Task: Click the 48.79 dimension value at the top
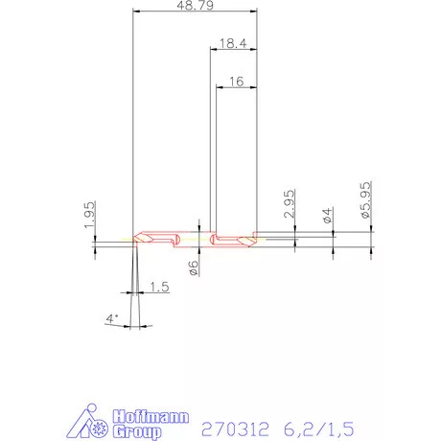pyautogui.click(x=196, y=6)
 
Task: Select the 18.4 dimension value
pyautogui.click(x=234, y=44)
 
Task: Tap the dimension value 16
pyautogui.click(x=237, y=83)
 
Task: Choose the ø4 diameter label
pyautogui.click(x=329, y=215)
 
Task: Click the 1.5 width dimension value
pyautogui.click(x=159, y=287)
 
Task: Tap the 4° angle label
pyautogui.click(x=113, y=318)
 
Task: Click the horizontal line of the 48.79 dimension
pyautogui.click(x=196, y=12)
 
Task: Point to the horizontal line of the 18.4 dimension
pyautogui.click(x=234, y=51)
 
